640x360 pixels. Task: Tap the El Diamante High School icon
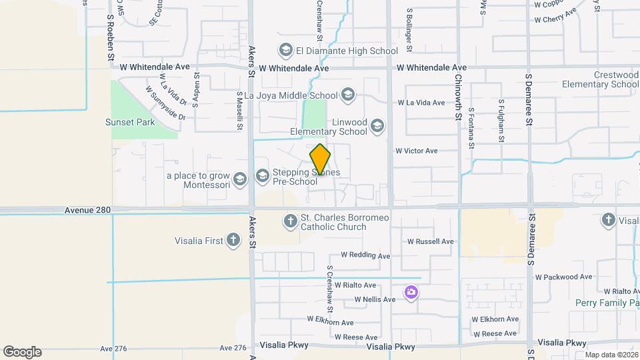[x=285, y=50]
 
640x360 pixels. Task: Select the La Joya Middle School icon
[x=347, y=95]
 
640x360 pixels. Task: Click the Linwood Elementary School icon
[x=377, y=125]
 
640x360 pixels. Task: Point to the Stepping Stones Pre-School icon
[x=262, y=176]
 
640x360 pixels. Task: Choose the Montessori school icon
[x=241, y=179]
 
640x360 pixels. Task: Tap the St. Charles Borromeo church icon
[x=290, y=221]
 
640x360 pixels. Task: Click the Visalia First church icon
[x=233, y=240]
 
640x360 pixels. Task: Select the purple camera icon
[x=411, y=292]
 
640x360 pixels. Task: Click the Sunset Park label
[x=130, y=122]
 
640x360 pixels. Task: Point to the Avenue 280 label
[x=87, y=210]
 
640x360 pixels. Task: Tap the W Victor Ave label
[x=417, y=151]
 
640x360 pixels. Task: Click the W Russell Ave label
[x=431, y=241]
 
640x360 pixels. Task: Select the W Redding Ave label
[x=365, y=255]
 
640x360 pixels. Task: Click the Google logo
[x=22, y=352]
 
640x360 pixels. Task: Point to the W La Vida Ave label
[x=421, y=103]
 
